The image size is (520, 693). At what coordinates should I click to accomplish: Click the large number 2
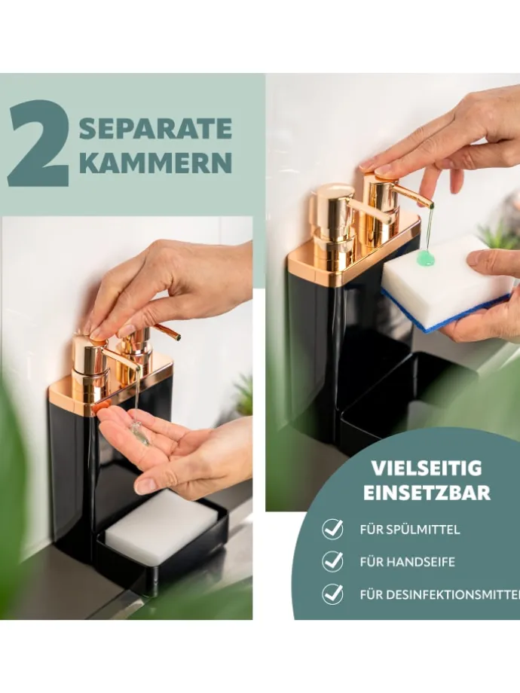tap(38, 143)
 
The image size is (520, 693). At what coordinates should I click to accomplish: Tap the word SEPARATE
tap(156, 129)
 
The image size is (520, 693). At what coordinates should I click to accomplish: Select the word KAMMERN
tap(156, 163)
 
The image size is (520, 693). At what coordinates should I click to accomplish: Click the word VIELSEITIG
tap(427, 468)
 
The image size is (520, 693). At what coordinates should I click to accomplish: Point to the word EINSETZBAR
tap(427, 493)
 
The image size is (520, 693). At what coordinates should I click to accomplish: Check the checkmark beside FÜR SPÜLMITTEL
tap(332, 529)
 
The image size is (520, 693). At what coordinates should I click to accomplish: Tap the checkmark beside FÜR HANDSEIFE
tap(332, 561)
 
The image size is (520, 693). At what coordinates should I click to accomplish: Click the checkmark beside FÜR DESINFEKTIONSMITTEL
tap(332, 594)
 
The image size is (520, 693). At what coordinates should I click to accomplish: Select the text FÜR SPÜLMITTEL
tap(410, 530)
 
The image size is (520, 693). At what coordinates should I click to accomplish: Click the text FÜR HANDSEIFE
tap(407, 562)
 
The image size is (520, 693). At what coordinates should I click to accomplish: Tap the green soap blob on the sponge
tap(425, 257)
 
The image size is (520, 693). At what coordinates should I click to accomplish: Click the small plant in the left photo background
tap(243, 395)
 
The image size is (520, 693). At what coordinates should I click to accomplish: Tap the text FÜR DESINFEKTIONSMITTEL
tap(440, 595)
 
